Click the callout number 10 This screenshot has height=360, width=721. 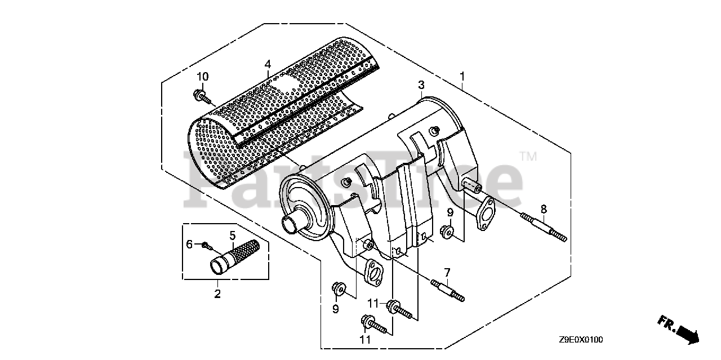202,77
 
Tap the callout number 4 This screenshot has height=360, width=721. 268,64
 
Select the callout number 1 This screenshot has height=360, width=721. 462,75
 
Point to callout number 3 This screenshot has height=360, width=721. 421,85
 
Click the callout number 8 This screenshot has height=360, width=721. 544,209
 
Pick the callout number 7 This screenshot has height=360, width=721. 447,273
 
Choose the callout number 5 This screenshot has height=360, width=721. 232,235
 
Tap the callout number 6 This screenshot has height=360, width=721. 190,244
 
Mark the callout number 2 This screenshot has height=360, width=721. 217,294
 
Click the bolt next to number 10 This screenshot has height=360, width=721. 202,97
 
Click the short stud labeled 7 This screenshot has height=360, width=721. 448,289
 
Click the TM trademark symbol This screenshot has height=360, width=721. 528,156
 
